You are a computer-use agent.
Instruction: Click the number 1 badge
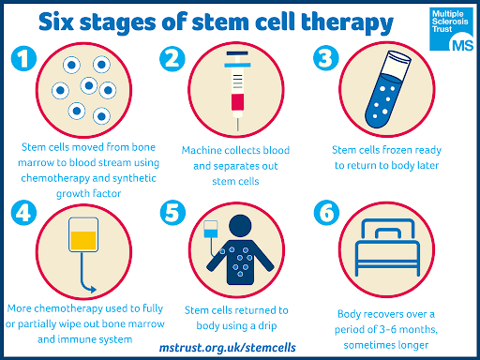[x=23, y=58]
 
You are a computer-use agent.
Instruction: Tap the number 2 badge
[x=172, y=58]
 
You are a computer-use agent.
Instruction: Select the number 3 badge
[x=326, y=58]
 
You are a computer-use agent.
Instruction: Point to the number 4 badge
[x=23, y=213]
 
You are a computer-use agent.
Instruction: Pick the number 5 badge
[x=172, y=213]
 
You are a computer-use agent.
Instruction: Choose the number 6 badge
[x=326, y=213]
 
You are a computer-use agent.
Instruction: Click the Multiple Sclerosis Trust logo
[x=452, y=29]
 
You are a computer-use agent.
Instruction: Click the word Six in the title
[x=56, y=22]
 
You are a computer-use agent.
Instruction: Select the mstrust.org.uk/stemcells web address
[x=228, y=348]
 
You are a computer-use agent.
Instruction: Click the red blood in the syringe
[x=237, y=102]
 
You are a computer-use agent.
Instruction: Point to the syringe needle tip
[x=237, y=130]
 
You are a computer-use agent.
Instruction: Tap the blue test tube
[x=388, y=90]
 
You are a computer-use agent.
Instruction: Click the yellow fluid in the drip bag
[x=83, y=240]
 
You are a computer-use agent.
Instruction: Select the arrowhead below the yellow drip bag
[x=93, y=290]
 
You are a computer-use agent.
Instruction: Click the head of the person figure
[x=240, y=226]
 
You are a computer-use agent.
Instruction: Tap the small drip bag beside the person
[x=211, y=230]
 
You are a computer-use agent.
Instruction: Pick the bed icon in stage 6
[x=387, y=247]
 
